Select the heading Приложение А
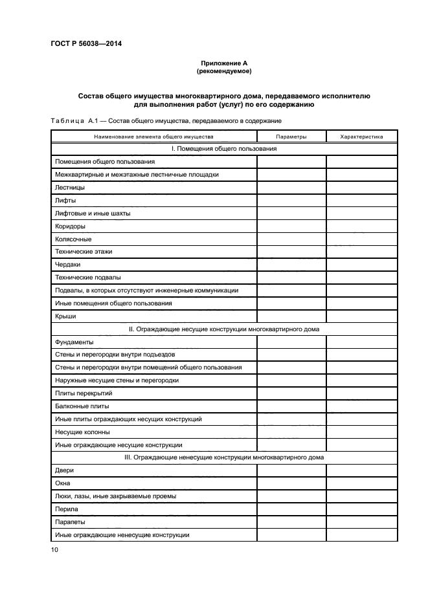tap(224, 63)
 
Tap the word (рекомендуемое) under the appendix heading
tap(224, 71)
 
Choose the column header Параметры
tap(291, 137)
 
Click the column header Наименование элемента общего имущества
tap(153, 137)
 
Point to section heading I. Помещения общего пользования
tap(224, 149)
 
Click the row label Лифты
tap(65, 200)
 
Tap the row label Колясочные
tap(73, 239)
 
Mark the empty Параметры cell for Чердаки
tap(291, 265)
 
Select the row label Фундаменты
tap(74, 342)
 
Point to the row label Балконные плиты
tap(82, 406)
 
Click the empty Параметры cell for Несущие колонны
tap(291, 432)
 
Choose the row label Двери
tap(65, 470)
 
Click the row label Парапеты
tap(70, 522)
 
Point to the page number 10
tap(54, 550)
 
